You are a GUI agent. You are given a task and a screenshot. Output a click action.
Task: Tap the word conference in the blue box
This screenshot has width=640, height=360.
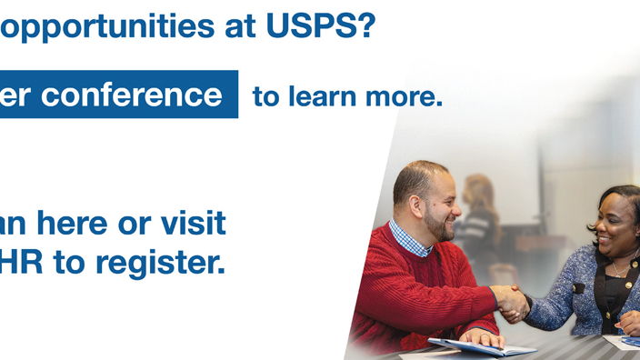coord(132,95)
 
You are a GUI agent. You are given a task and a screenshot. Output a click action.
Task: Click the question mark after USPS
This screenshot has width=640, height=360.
coord(364,27)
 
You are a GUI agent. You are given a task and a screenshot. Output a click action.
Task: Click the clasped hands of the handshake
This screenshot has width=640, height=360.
coord(512,302)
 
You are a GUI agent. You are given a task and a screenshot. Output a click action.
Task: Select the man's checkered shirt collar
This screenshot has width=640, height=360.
coord(408,238)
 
